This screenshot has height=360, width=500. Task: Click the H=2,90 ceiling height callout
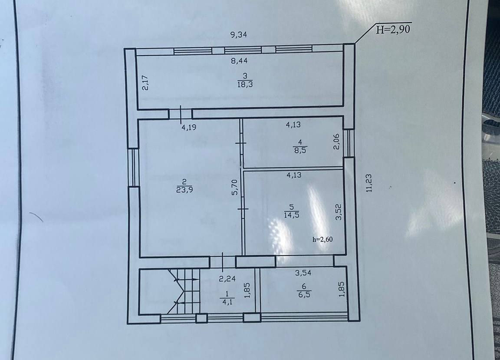[393, 30]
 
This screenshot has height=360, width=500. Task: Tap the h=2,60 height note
[323, 239]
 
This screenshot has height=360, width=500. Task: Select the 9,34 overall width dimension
[239, 34]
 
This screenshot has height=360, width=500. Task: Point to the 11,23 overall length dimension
[369, 182]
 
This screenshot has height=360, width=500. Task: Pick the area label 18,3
[245, 84]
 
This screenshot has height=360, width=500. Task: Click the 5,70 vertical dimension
[234, 187]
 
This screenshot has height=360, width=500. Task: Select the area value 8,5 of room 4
[300, 150]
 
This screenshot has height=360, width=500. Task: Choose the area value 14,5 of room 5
[292, 215]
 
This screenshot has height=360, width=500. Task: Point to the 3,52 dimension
[339, 212]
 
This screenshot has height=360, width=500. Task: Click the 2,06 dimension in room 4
[336, 142]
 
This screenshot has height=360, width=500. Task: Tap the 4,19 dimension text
[189, 127]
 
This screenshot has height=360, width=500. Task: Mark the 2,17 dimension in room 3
[145, 83]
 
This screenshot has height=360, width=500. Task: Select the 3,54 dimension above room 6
[303, 273]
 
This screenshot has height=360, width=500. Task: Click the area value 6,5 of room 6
[304, 294]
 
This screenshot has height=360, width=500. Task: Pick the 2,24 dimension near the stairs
[227, 279]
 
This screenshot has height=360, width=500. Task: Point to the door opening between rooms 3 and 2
[180, 114]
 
